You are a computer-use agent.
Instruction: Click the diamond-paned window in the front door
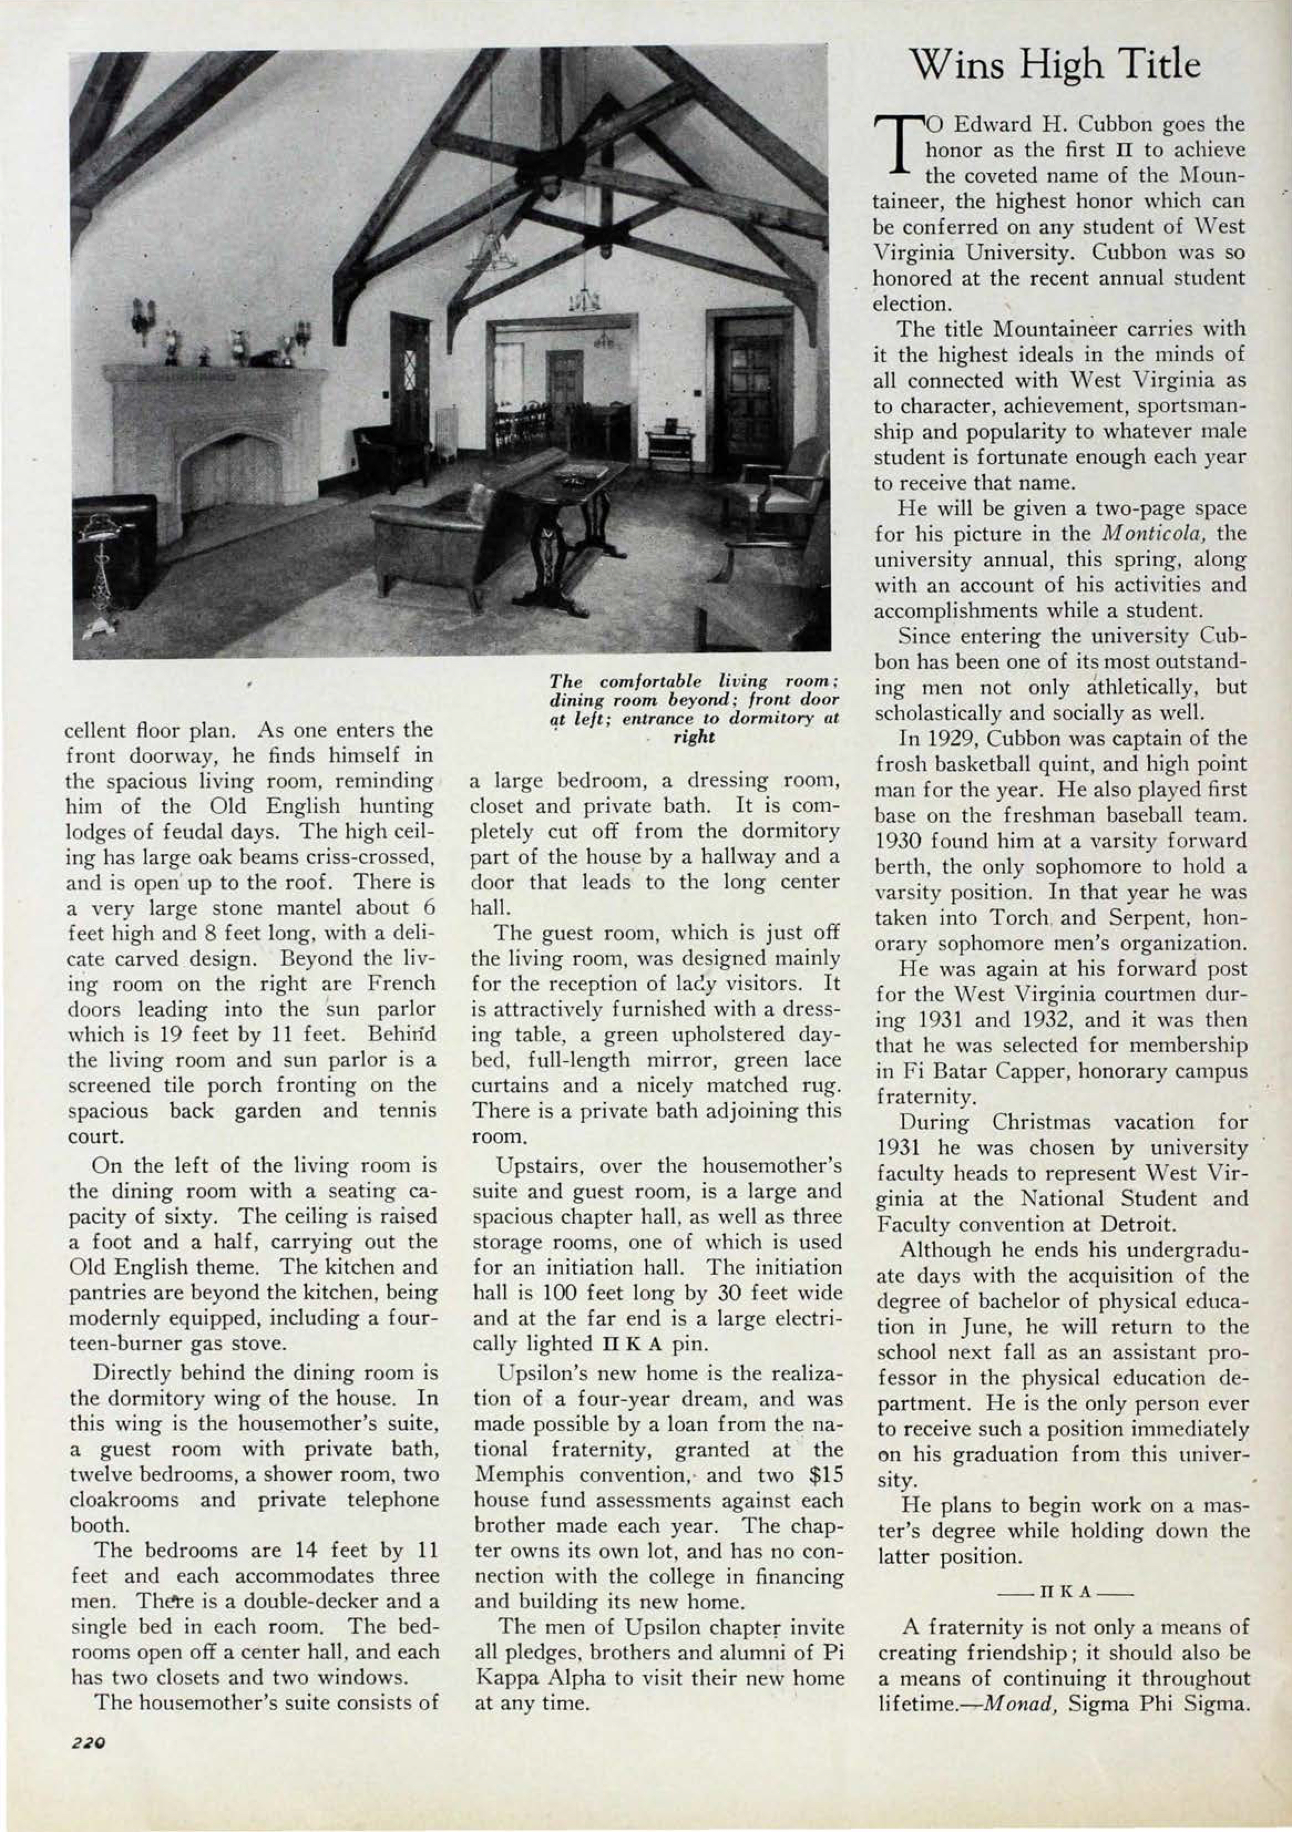coord(408,367)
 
